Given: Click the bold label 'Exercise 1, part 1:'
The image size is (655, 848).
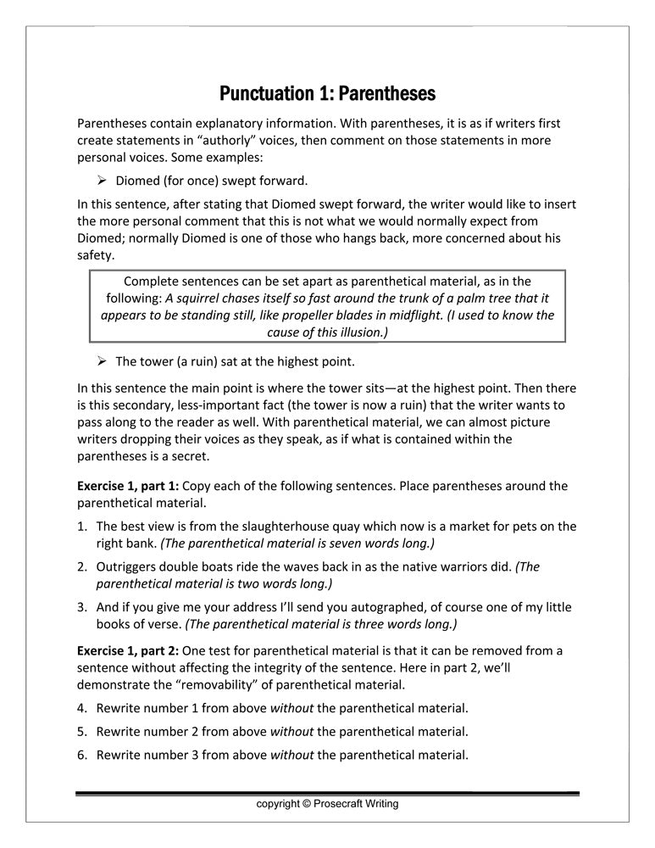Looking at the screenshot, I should tap(128, 486).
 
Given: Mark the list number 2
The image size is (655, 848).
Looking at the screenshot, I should tap(82, 567).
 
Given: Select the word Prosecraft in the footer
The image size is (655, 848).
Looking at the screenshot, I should tap(339, 803).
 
